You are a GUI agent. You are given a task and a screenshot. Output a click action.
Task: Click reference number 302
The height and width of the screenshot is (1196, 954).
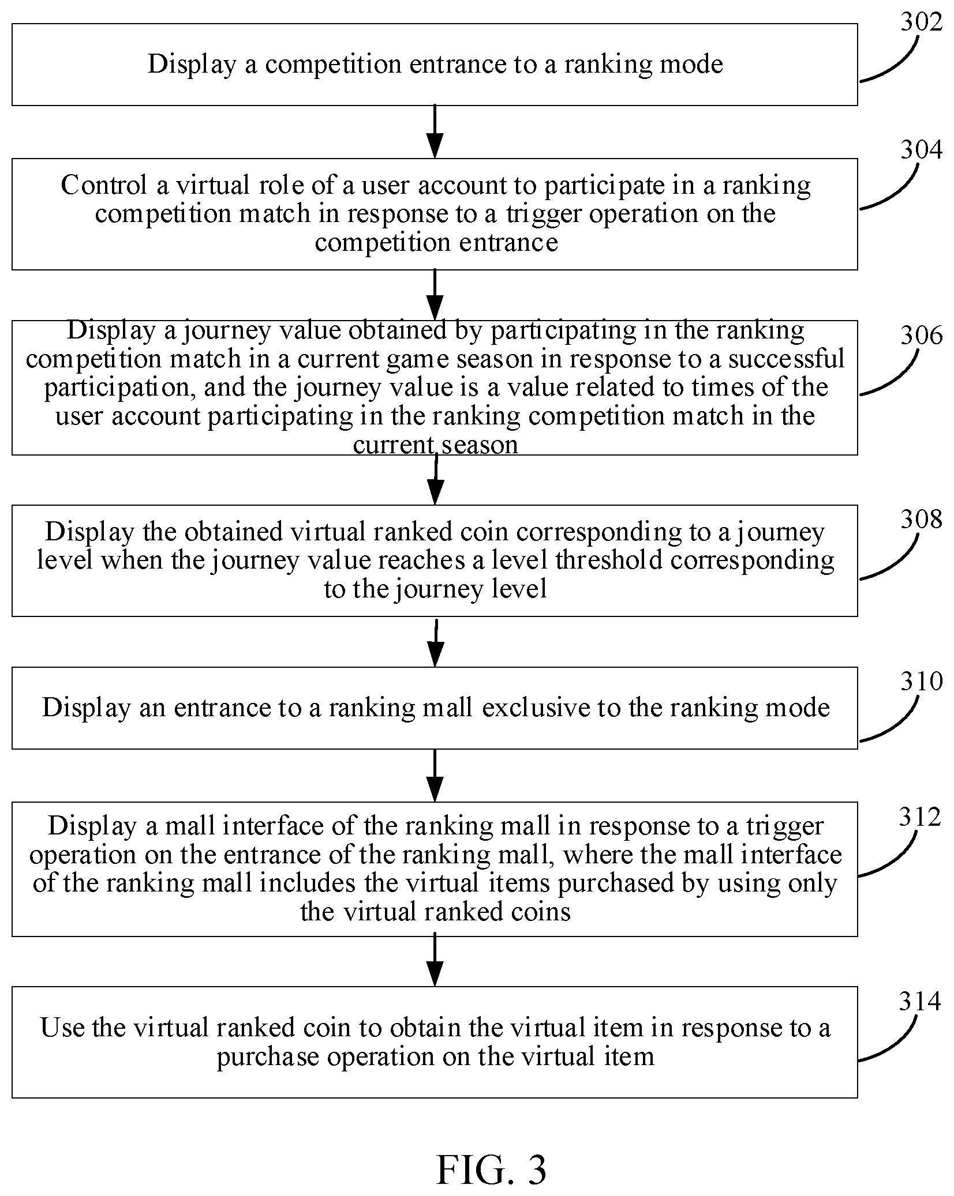[x=921, y=22]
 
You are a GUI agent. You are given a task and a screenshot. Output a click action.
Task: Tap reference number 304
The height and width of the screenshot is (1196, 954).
[x=921, y=150]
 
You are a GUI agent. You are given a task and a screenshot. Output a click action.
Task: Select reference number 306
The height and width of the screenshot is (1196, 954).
[x=921, y=336]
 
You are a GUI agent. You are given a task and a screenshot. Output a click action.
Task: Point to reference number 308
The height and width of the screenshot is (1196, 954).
[x=921, y=520]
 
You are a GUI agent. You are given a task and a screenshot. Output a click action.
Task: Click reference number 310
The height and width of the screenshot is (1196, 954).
[x=921, y=682]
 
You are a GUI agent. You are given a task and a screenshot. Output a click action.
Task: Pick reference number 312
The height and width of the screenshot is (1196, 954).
[x=920, y=817]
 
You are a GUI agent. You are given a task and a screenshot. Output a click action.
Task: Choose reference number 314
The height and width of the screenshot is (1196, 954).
[x=920, y=1002]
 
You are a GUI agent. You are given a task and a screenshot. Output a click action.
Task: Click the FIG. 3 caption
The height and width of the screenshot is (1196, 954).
[x=491, y=1170]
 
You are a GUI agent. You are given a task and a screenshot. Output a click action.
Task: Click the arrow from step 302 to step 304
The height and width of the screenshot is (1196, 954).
[x=435, y=131]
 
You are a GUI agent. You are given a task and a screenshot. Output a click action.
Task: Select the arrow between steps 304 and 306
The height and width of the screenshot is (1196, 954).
[x=435, y=295]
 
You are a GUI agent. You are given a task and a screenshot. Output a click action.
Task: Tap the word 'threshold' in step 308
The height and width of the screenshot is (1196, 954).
[x=609, y=560]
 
